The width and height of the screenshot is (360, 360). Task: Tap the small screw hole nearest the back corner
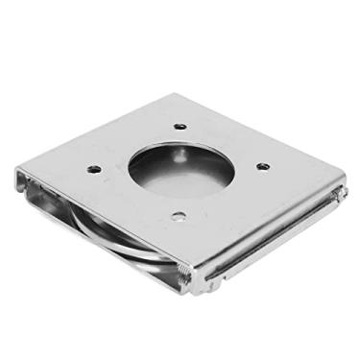180,126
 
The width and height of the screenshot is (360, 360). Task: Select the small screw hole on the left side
94,169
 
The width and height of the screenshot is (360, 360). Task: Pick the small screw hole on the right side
263,166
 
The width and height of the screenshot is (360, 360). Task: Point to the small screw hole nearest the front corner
178,216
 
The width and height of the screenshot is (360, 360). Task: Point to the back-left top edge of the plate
96,132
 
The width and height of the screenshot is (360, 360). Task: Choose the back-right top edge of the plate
259,136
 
